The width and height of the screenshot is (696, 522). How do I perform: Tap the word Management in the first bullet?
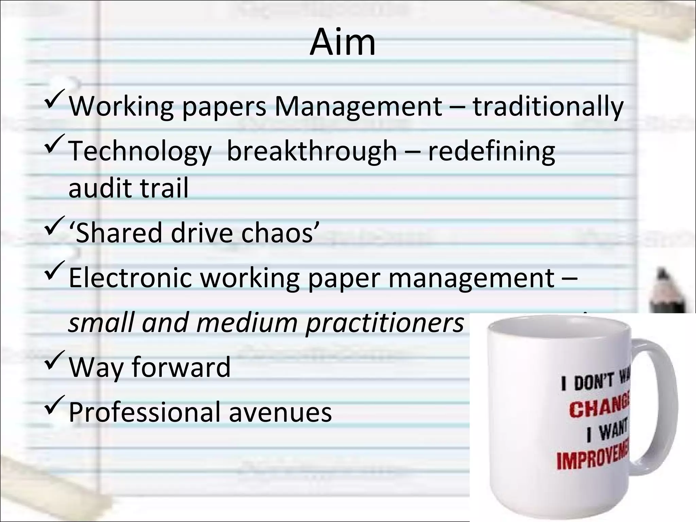click(358, 107)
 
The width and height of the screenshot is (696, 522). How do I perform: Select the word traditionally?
click(548, 107)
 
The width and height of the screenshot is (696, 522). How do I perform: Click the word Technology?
click(140, 152)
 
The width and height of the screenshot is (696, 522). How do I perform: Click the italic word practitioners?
click(384, 323)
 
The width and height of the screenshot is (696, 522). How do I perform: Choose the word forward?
click(181, 367)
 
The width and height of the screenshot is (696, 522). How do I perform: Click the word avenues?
click(280, 412)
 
